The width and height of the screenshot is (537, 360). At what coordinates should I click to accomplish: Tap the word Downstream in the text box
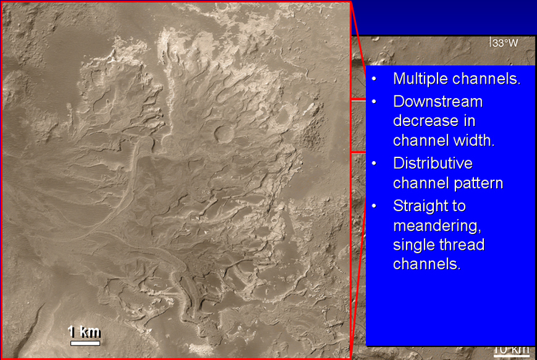tap(437, 102)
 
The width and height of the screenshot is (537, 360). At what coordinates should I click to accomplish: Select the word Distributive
tap(433, 163)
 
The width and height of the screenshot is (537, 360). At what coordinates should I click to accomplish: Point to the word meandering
tap(437, 226)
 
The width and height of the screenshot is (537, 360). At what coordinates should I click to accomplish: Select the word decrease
tap(424, 121)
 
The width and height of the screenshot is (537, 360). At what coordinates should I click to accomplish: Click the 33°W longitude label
tap(503, 43)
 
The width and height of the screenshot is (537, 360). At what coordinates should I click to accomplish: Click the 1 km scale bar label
tap(84, 332)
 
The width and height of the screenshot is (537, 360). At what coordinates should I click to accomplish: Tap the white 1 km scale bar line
tap(85, 343)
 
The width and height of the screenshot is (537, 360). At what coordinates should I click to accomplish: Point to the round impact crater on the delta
tap(224, 133)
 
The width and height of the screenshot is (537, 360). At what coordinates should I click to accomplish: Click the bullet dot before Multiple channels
tap(374, 79)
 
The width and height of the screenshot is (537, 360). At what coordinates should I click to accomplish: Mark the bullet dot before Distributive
tap(374, 164)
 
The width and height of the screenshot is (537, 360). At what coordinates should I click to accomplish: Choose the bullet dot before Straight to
tap(374, 206)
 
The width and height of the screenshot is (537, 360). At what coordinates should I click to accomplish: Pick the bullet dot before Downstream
tap(374, 102)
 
